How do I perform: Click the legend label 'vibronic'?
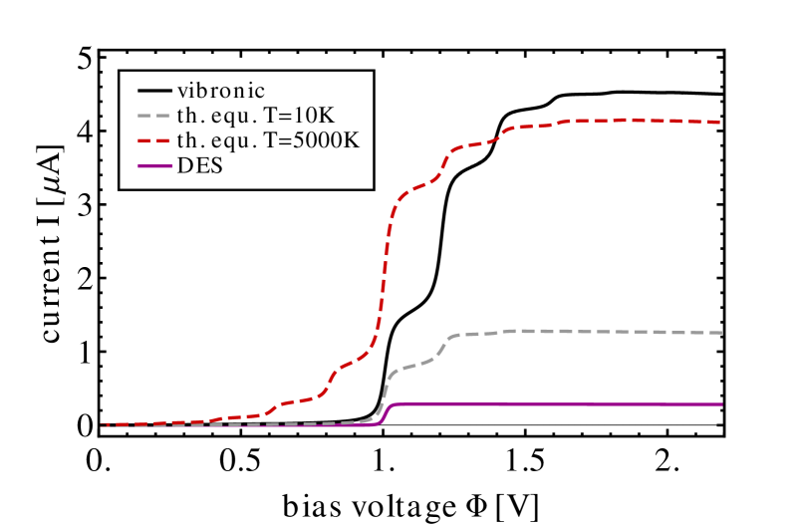220,91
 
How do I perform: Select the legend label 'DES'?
199,165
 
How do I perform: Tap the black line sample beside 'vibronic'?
154,92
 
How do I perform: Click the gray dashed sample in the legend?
154,117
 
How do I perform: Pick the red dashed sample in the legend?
154,141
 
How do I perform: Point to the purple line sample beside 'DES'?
154,166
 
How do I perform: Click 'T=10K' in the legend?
300,116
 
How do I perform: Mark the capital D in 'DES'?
184,165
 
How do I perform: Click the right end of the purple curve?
720,404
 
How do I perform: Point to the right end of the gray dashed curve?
720,333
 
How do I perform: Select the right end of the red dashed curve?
720,123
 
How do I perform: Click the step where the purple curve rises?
388,413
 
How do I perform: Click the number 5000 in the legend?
317,140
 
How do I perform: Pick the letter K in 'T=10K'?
328,116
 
